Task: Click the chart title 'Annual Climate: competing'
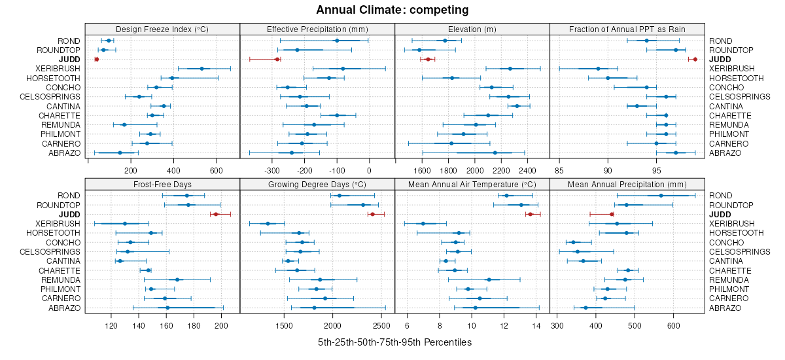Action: [392, 10]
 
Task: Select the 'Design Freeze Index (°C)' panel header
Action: [162, 29]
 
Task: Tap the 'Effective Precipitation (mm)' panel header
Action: [317, 29]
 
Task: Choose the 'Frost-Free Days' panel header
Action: [162, 184]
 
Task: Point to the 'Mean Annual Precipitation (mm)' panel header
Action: [627, 184]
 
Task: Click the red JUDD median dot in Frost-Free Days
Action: [216, 214]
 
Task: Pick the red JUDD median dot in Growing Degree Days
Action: [372, 214]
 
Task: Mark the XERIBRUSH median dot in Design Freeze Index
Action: [201, 69]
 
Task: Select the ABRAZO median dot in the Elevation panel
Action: [495, 153]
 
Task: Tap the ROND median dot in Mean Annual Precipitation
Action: [661, 196]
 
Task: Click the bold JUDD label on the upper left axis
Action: [70, 60]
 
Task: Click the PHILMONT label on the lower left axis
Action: [61, 289]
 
